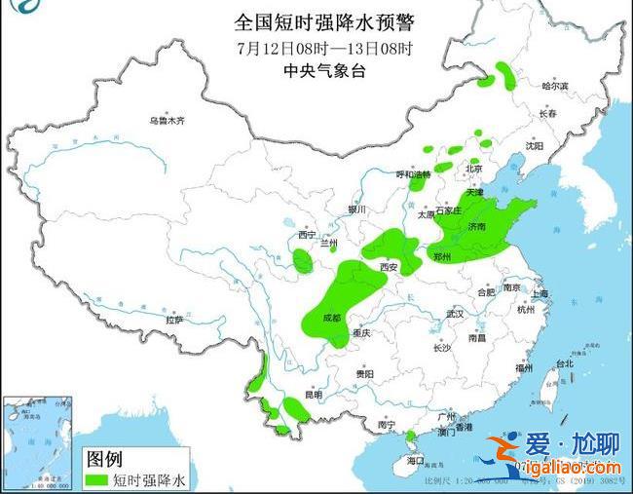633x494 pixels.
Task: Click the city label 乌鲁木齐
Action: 166,121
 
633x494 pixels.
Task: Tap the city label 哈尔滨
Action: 554,86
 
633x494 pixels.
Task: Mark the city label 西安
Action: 390,266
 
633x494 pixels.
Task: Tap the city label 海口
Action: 417,459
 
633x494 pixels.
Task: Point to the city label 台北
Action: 564,363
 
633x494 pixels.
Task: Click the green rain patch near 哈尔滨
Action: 506,76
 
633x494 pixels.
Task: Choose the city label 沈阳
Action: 533,145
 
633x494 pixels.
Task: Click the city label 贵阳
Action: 363,374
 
